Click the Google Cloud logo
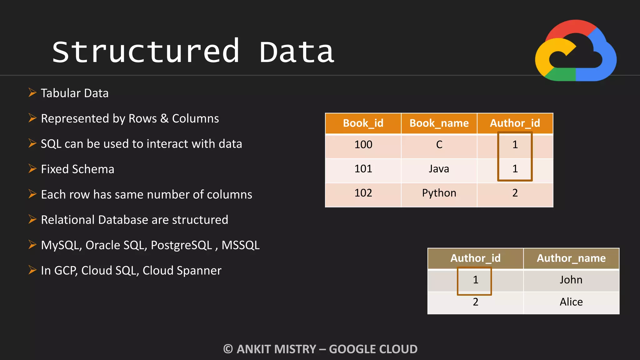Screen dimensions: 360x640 pyautogui.click(x=576, y=51)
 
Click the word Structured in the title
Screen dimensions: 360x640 pyautogui.click(x=146, y=52)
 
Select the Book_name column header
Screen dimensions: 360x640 pyautogui.click(x=439, y=123)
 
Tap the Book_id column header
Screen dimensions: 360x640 pyautogui.click(x=363, y=123)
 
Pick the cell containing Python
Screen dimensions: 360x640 pyautogui.click(x=439, y=193)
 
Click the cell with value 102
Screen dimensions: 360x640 pyautogui.click(x=363, y=193)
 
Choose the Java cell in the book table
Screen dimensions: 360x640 pyautogui.click(x=439, y=169)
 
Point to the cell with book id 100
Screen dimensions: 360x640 pyautogui.click(x=363, y=145)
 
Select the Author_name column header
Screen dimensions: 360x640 pyautogui.click(x=571, y=258)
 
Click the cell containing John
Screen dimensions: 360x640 pyautogui.click(x=571, y=280)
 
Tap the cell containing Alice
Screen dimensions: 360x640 pyautogui.click(x=571, y=302)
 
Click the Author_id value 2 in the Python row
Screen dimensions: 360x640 pyautogui.click(x=515, y=193)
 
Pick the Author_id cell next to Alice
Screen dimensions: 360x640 pyautogui.click(x=475, y=302)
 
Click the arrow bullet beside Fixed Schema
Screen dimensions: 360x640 pyautogui.click(x=32, y=169)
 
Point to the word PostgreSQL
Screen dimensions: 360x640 pyautogui.click(x=181, y=245)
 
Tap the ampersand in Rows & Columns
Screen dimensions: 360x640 pyautogui.click(x=164, y=119)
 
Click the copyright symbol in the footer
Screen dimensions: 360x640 pyautogui.click(x=228, y=349)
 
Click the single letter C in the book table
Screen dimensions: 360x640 pyautogui.click(x=439, y=145)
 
